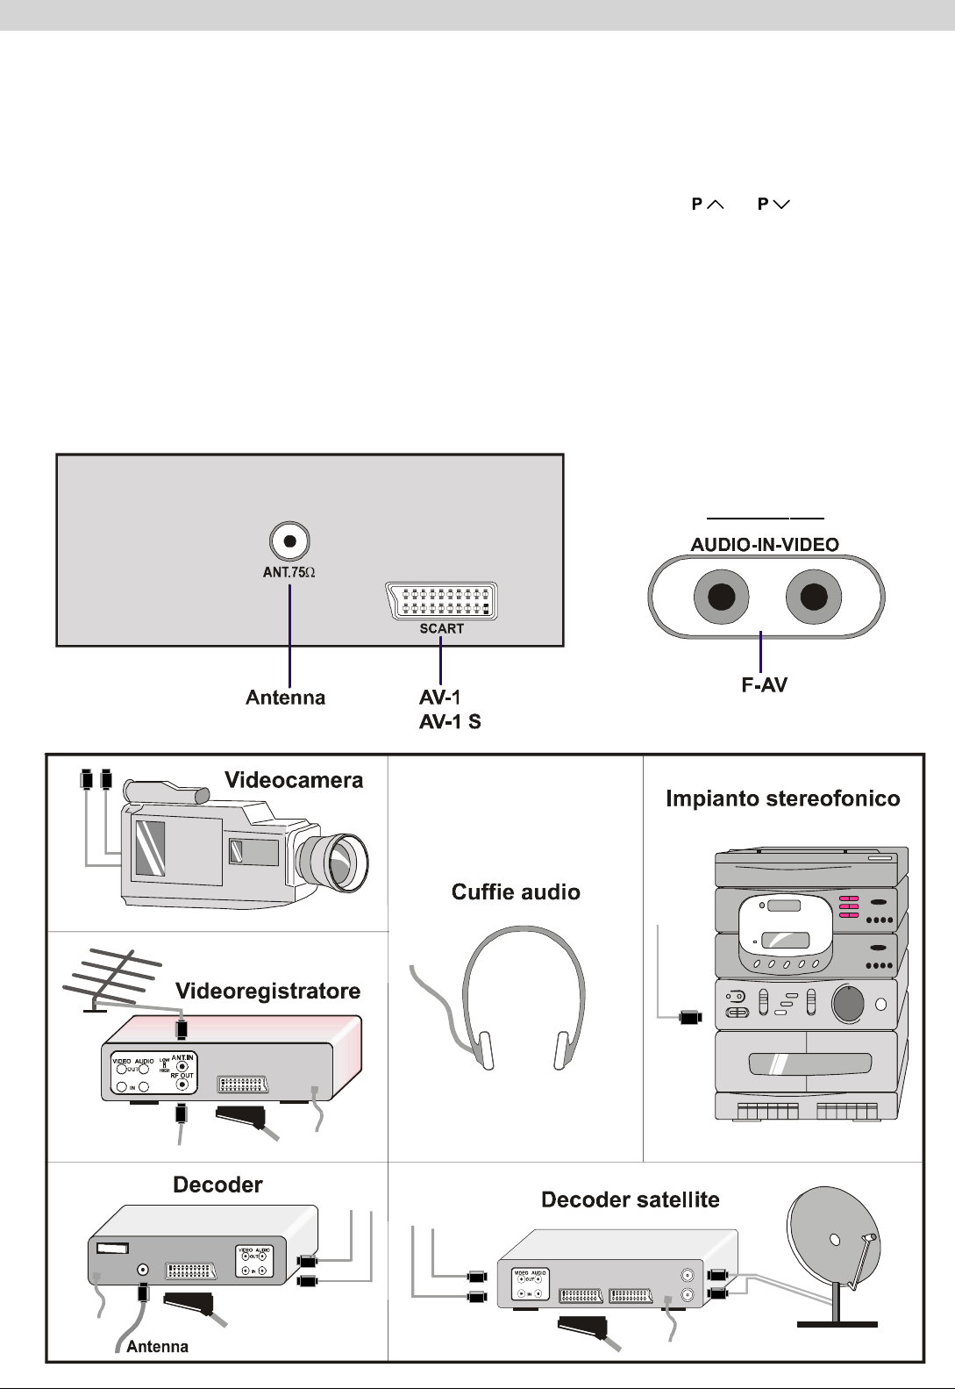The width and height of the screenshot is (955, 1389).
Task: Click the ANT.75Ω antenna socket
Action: click(x=289, y=541)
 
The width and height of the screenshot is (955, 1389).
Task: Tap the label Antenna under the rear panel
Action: click(x=285, y=698)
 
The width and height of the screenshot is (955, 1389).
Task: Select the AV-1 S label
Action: click(x=450, y=722)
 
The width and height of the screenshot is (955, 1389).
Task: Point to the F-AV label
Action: click(x=764, y=685)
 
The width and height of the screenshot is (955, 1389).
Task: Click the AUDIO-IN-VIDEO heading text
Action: click(x=765, y=544)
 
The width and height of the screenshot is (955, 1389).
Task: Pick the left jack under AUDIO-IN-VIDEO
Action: click(x=721, y=598)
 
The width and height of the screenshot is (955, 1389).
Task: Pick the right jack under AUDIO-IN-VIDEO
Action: click(x=813, y=598)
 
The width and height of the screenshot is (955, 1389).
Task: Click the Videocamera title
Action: click(x=294, y=780)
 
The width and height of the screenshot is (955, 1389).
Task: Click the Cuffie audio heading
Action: click(x=516, y=892)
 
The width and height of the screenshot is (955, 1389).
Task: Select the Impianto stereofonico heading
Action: click(x=783, y=798)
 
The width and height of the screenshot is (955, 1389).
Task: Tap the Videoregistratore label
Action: click(x=267, y=992)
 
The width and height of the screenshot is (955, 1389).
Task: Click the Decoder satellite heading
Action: click(x=630, y=1199)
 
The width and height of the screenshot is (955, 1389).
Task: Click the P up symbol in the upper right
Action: click(x=707, y=204)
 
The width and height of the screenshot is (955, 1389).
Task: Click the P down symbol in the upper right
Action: click(x=773, y=204)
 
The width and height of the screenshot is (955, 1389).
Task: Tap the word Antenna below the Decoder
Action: click(x=157, y=1346)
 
